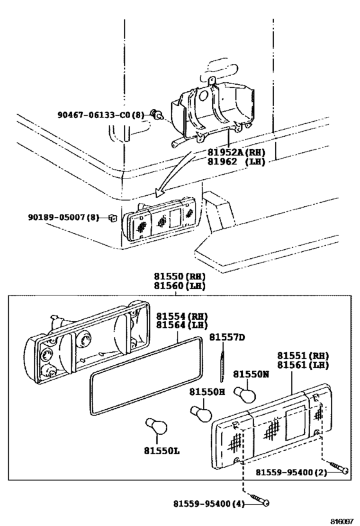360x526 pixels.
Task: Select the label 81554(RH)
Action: coord(183,316)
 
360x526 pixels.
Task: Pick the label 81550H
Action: coord(207,391)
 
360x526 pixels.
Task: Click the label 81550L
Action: coord(157,451)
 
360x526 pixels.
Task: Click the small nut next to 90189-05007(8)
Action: coord(112,217)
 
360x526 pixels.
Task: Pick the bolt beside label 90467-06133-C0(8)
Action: coord(155,116)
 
